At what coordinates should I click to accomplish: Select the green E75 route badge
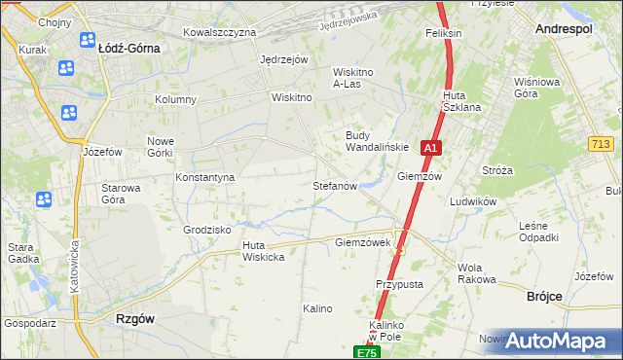(x=365, y=352)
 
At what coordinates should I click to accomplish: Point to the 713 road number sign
(x=601, y=144)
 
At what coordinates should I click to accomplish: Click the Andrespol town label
(x=566, y=30)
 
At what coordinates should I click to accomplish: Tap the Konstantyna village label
(x=204, y=178)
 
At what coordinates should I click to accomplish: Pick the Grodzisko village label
(x=206, y=231)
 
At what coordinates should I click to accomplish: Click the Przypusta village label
(x=398, y=284)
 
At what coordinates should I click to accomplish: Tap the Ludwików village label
(x=474, y=201)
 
